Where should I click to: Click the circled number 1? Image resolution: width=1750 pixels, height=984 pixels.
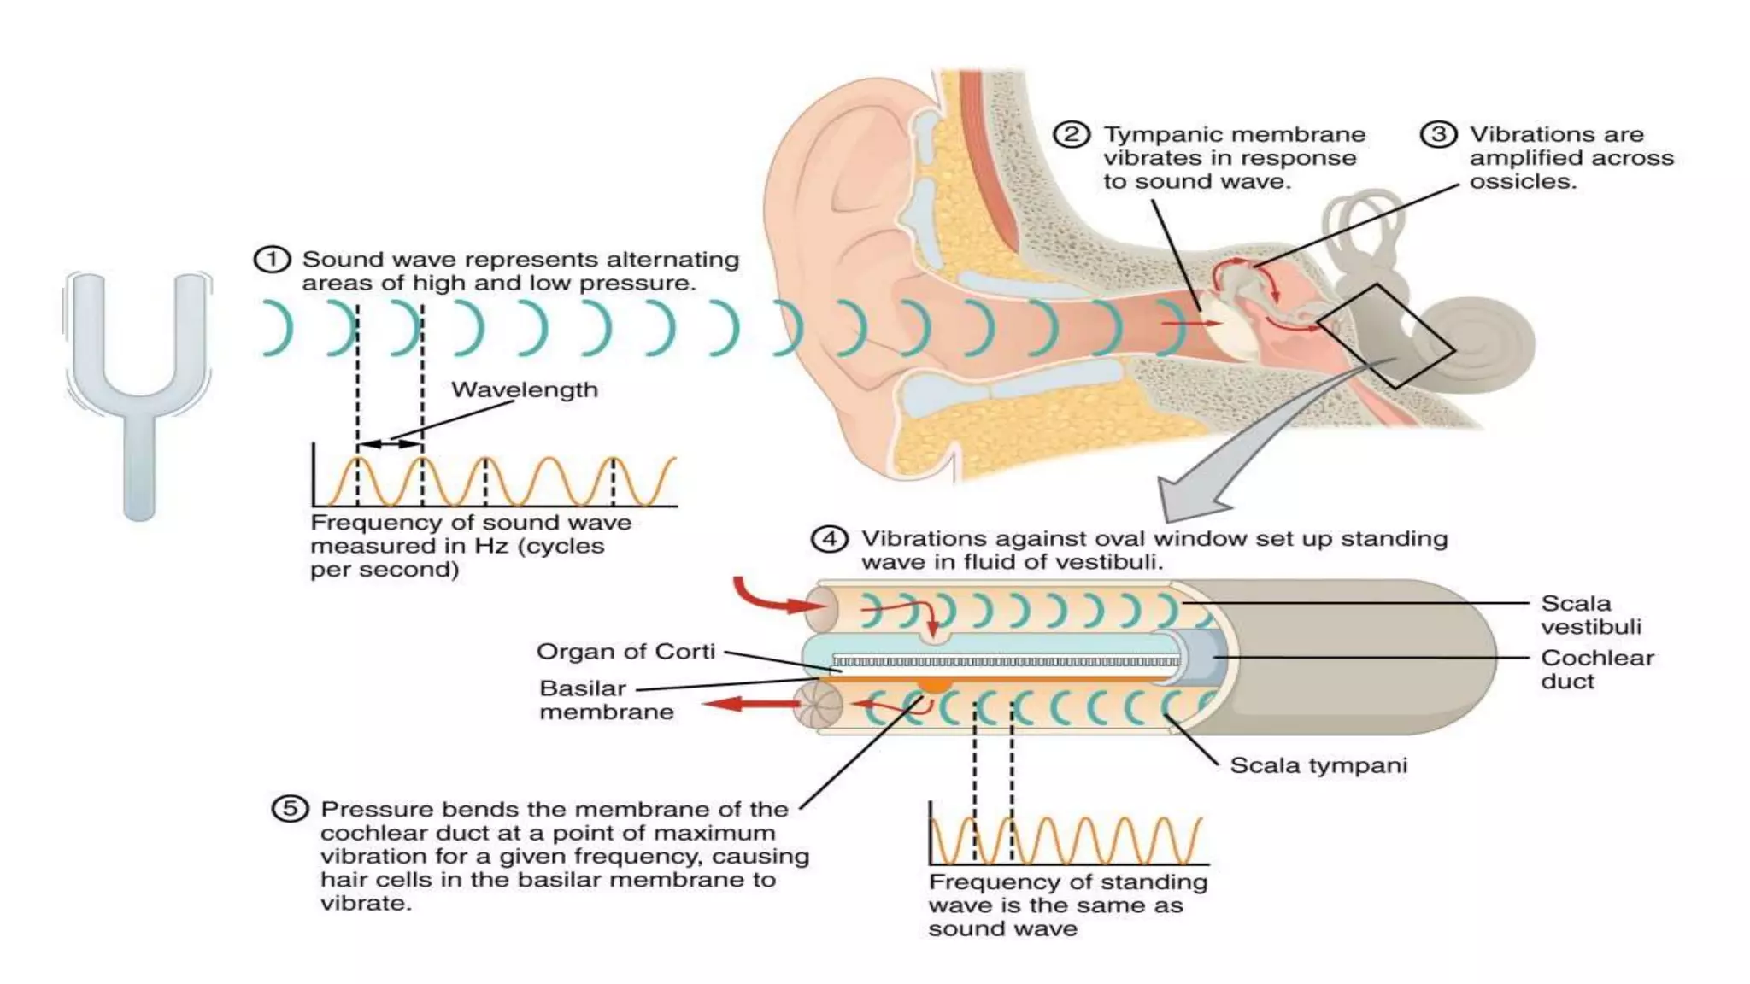coord(272,259)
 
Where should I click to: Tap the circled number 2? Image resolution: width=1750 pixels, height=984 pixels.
coord(1071,135)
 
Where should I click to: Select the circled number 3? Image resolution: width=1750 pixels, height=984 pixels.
coord(1438,135)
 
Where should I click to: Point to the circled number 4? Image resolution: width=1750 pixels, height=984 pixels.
coord(829,539)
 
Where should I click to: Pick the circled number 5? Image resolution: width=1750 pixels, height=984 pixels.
coord(290,808)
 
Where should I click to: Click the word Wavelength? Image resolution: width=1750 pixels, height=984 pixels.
coord(525,389)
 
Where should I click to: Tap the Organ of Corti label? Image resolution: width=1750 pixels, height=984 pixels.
coord(625,652)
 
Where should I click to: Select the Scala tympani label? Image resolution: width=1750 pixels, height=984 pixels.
coord(1318,765)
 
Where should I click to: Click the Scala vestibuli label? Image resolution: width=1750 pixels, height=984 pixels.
coord(1591,615)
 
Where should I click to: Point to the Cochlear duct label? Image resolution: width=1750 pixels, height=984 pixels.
coord(1597,670)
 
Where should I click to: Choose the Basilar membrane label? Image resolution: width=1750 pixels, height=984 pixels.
coord(606,700)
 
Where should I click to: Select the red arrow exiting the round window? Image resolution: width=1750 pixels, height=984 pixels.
coord(749,704)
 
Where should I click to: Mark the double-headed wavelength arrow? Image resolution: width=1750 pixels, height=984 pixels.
coord(390,444)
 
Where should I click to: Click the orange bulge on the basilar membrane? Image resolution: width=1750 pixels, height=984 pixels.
coord(935,684)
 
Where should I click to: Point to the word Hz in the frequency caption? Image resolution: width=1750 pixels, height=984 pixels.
coord(491,546)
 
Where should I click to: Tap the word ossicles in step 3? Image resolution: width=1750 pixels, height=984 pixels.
coord(1522,182)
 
